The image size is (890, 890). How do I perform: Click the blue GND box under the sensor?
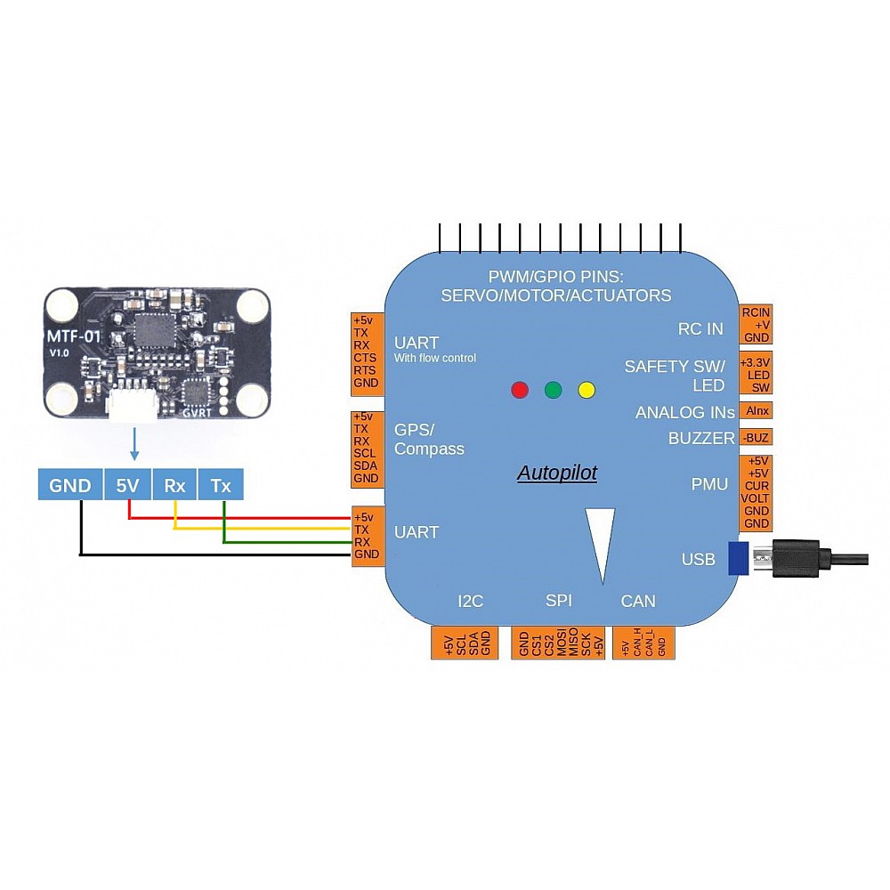(x=69, y=485)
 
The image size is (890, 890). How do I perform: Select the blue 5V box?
(x=127, y=485)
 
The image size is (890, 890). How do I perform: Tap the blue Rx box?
(x=174, y=485)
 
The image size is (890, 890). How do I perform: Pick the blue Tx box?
(x=221, y=485)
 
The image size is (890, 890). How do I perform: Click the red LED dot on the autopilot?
(x=520, y=389)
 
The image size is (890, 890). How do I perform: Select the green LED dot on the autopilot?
(x=553, y=389)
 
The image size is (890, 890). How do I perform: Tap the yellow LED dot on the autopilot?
(x=586, y=389)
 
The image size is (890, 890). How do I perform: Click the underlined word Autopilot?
(x=557, y=473)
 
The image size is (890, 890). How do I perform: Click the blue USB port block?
(x=737, y=558)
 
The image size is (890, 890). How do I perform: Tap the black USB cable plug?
(x=795, y=558)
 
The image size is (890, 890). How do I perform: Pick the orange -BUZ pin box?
(x=756, y=438)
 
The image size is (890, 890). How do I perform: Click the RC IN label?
(x=700, y=328)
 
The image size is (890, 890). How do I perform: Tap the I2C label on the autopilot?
(x=470, y=601)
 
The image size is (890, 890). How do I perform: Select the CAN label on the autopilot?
(x=637, y=601)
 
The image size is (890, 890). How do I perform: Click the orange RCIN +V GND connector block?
(x=756, y=325)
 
